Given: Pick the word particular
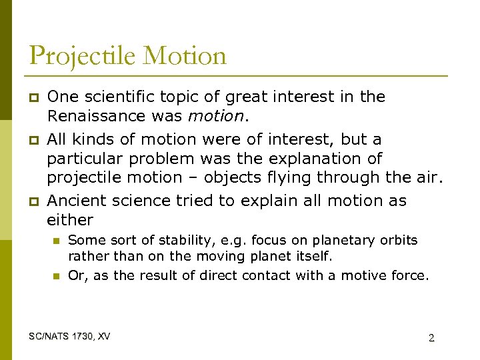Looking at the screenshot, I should coord(83,159).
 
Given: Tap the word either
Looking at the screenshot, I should coord(70,220).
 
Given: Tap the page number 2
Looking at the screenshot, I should coord(431,337).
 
